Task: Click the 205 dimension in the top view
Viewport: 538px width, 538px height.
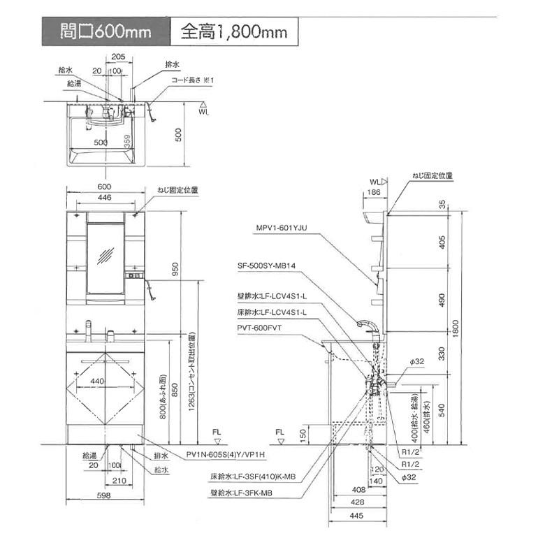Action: coord(118,59)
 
